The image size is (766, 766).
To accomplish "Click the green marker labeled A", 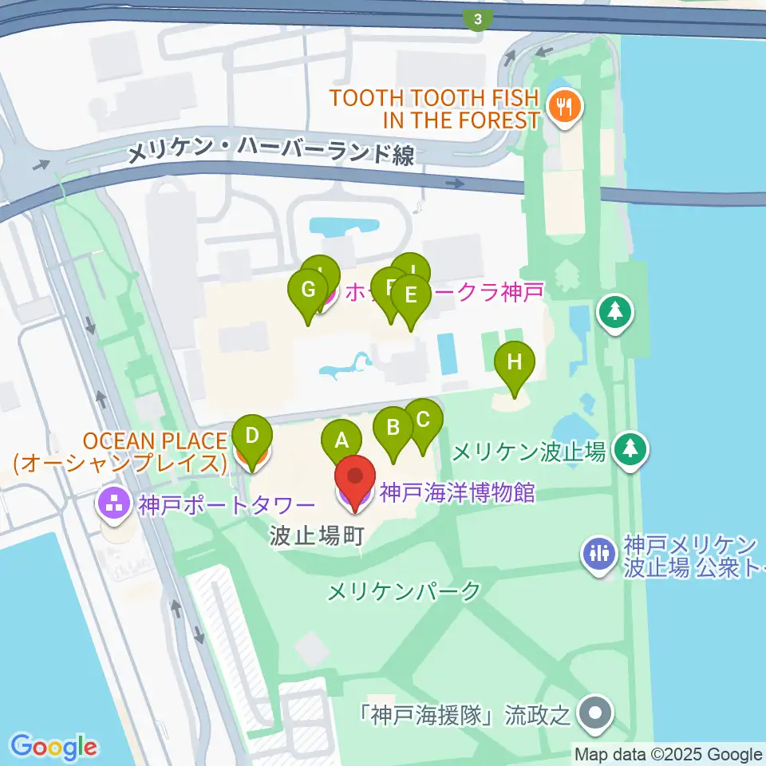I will [342, 440].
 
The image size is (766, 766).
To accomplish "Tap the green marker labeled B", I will [393, 428].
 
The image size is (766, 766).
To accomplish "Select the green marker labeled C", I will [423, 420].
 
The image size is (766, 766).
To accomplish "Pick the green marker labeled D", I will [252, 436].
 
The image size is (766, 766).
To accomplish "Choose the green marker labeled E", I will [411, 296].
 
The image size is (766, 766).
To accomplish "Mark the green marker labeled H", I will [515, 363].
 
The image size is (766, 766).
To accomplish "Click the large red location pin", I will [355, 480].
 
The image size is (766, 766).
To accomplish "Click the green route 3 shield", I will [478, 19].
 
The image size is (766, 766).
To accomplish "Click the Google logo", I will [54, 747].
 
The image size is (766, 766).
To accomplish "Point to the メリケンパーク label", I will [405, 591].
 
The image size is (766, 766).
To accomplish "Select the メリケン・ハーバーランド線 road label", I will [271, 152].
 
